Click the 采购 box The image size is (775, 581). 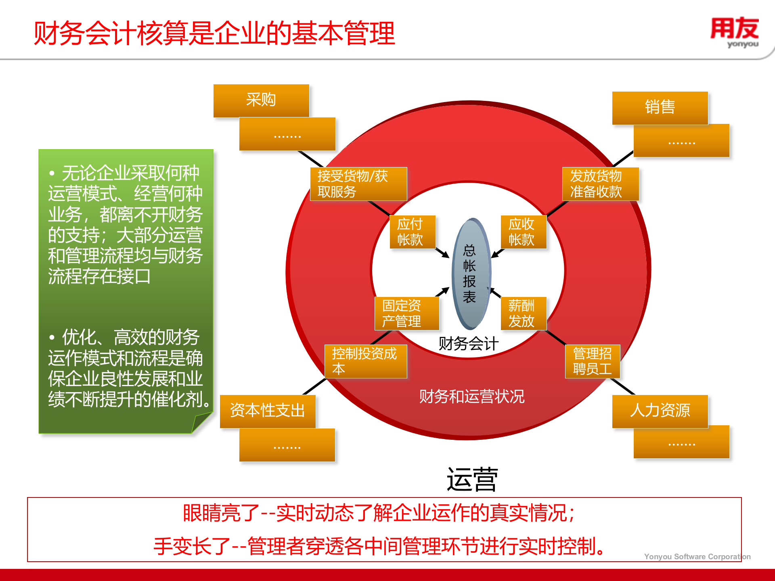(261, 100)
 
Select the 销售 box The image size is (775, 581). (660, 108)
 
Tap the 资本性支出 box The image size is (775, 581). (267, 411)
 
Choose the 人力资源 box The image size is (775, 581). (660, 411)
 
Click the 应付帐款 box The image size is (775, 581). (412, 232)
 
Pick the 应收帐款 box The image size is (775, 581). (523, 232)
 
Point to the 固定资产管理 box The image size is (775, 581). (406, 313)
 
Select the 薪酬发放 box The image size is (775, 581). (523, 313)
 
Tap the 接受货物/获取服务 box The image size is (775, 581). (358, 184)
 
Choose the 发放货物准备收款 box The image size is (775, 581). (600, 184)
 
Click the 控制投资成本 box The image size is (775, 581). (366, 361)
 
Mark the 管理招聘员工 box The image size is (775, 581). (592, 361)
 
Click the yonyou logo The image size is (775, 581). (735, 32)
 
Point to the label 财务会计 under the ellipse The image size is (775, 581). (469, 344)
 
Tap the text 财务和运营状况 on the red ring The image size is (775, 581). (471, 397)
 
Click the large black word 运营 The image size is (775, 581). (472, 480)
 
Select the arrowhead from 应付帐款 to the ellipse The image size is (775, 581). (446, 255)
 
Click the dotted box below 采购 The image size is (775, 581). (287, 134)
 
